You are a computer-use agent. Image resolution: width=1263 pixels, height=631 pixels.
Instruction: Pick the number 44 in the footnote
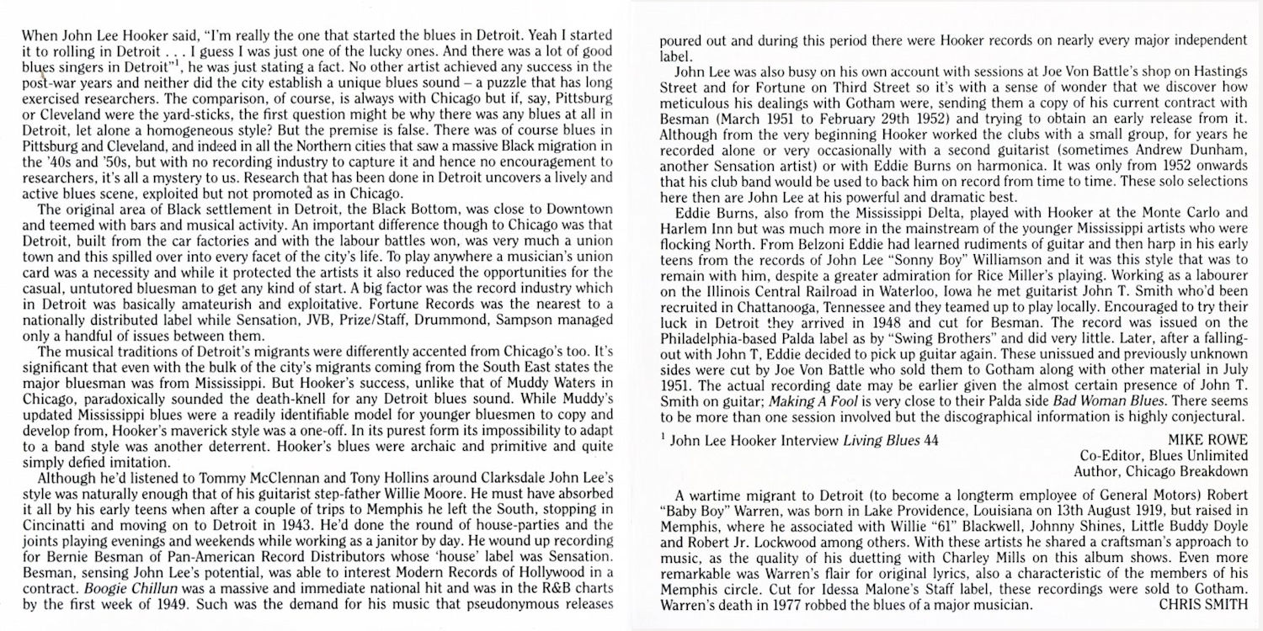(x=930, y=441)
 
